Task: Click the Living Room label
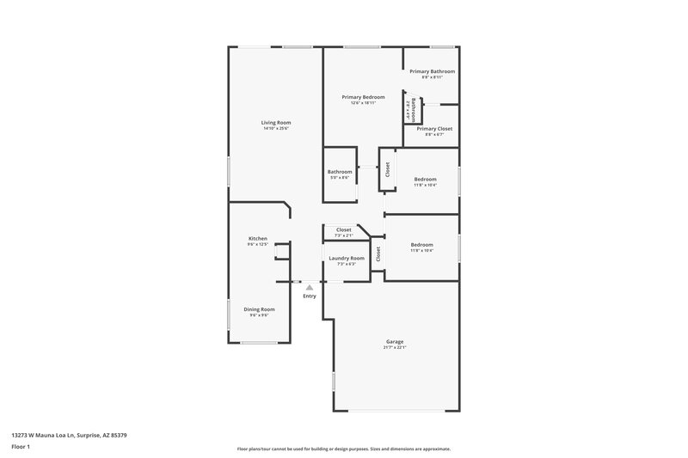click(276, 123)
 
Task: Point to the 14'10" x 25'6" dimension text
click(276, 129)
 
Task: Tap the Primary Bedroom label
click(362, 97)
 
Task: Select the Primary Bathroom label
click(432, 71)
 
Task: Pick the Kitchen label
click(258, 238)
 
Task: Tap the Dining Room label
click(259, 308)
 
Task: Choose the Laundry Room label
click(347, 258)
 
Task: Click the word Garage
click(395, 341)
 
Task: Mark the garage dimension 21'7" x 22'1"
click(395, 347)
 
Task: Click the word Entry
click(310, 296)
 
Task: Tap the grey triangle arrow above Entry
click(310, 287)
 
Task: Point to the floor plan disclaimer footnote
click(343, 449)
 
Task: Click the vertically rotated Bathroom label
click(414, 109)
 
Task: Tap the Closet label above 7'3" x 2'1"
click(343, 229)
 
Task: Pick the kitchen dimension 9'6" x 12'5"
click(258, 245)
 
